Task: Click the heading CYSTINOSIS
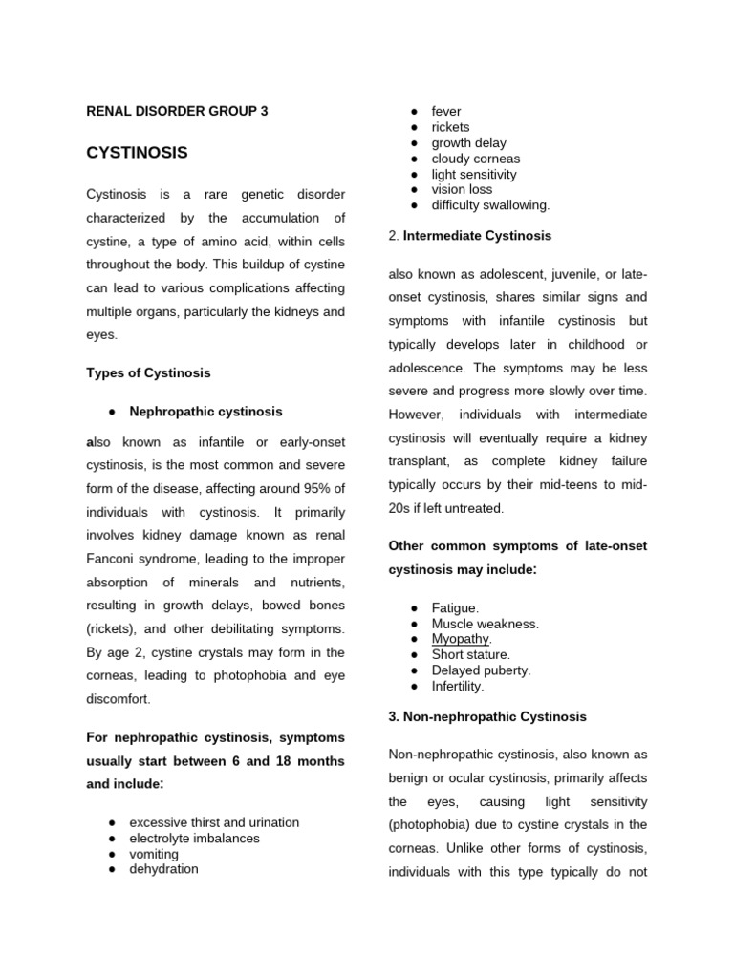137,153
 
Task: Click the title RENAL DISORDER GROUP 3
177,111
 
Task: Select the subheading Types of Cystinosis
148,372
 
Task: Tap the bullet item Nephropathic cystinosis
205,412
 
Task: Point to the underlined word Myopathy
461,639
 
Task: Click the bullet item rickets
450,127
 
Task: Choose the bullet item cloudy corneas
475,159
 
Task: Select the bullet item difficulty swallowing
490,205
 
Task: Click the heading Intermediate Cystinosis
477,235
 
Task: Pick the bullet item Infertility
458,686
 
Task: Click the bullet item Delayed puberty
481,670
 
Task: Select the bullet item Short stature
470,654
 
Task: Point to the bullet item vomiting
154,854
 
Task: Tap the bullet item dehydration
163,869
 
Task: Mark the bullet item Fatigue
455,608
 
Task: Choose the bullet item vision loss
462,189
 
